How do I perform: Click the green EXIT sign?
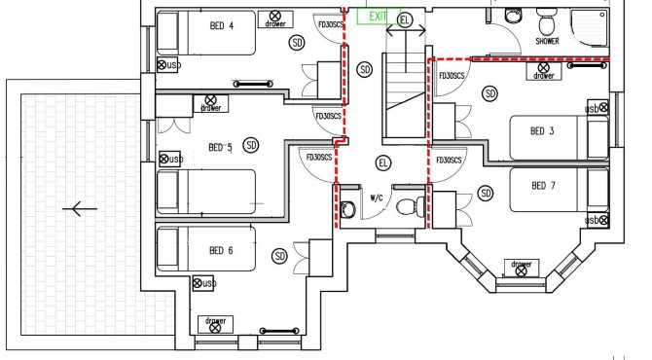click(379, 17)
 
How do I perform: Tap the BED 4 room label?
click(222, 25)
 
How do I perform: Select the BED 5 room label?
click(220, 147)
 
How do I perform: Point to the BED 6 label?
click(221, 250)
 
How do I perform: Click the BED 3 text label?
click(542, 131)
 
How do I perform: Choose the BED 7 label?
click(543, 186)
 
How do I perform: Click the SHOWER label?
click(547, 41)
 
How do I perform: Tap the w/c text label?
click(377, 198)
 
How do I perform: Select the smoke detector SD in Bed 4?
click(297, 43)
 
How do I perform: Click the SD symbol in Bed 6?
click(280, 256)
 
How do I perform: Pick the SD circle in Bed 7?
click(486, 193)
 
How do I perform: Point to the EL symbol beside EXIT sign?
click(405, 20)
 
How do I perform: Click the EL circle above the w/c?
click(383, 162)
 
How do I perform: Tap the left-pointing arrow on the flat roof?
click(80, 208)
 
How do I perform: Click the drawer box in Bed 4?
click(275, 19)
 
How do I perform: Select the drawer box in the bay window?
click(522, 268)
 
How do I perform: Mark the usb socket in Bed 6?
click(203, 283)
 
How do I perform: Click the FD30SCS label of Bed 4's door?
click(331, 24)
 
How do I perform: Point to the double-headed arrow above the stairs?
click(406, 30)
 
